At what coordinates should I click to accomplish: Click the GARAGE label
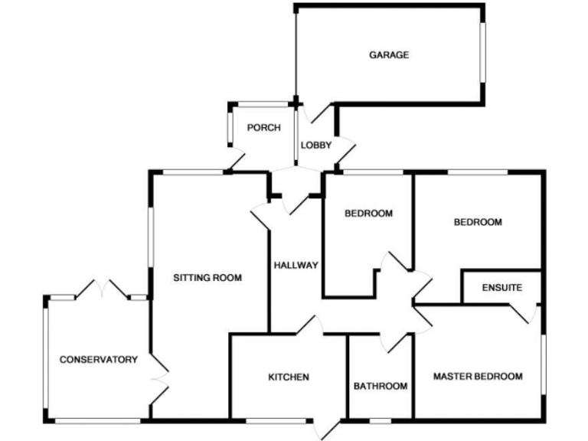point(389,55)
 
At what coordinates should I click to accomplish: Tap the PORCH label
point(263,128)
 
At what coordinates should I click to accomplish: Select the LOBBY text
point(315,145)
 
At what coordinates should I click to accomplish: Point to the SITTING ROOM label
point(207,278)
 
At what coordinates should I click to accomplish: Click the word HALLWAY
point(296,266)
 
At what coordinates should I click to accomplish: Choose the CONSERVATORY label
point(99,359)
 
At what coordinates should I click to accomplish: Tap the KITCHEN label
point(289,377)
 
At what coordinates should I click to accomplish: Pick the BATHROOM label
point(381,386)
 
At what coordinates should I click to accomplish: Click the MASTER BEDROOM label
point(478,377)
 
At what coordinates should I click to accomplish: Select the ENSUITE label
point(502,289)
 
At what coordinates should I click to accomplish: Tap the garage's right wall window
point(482,51)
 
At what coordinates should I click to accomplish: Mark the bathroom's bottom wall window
point(381,420)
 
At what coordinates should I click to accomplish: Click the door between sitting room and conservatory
point(159,378)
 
